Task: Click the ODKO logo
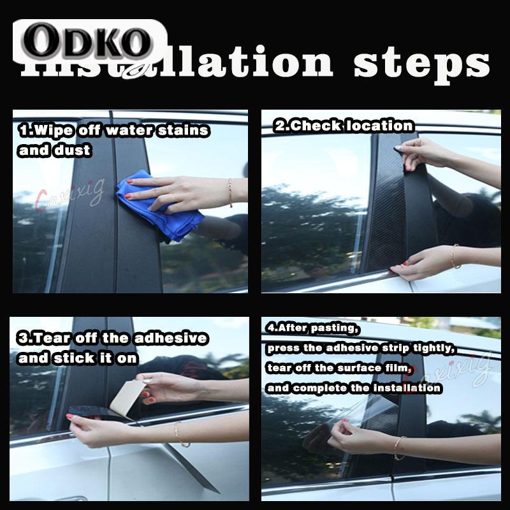[89, 41]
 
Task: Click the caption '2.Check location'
[344, 126]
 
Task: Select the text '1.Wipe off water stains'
[113, 130]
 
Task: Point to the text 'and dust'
[55, 151]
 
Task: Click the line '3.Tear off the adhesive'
[112, 337]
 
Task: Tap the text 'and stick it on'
[78, 358]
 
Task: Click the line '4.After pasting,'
[313, 329]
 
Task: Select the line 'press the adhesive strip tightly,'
[361, 349]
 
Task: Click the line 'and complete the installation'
[354, 388]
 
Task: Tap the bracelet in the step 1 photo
[230, 192]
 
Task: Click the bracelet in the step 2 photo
[454, 256]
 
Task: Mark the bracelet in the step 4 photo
[398, 447]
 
